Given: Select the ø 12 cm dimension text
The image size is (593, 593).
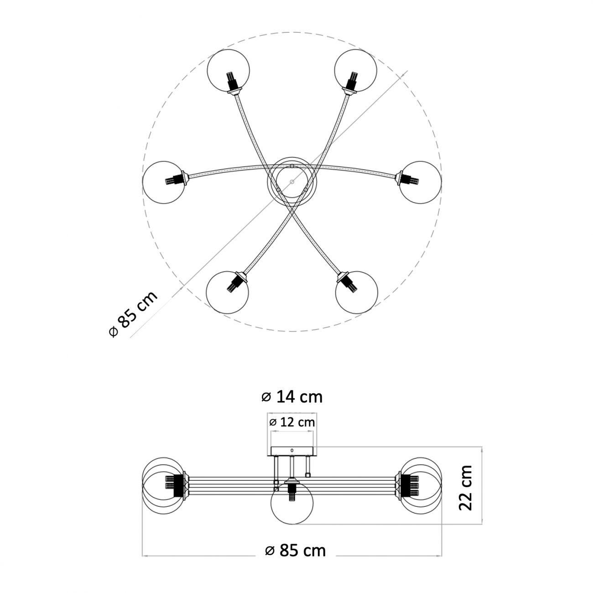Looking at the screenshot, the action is coord(292,422).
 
